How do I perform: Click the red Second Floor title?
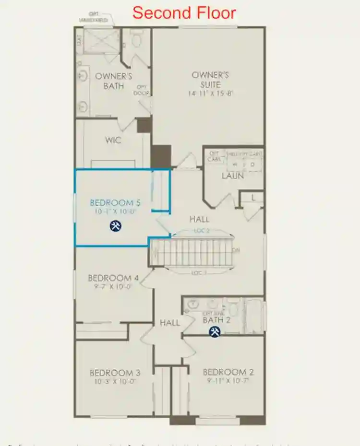184,13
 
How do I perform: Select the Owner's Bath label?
114,81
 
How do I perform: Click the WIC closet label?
113,141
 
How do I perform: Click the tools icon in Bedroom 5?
115,225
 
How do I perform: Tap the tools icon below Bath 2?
215,331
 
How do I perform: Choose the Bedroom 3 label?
115,373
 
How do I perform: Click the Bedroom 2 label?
228,372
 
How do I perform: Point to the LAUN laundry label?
233,176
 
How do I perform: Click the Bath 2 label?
216,320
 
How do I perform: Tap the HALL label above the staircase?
199,219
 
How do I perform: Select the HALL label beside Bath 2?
170,323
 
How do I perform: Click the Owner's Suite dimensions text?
210,94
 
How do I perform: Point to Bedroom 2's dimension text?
228,381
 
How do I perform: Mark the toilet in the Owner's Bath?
137,39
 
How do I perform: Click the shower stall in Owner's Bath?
101,40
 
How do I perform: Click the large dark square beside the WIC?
161,156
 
